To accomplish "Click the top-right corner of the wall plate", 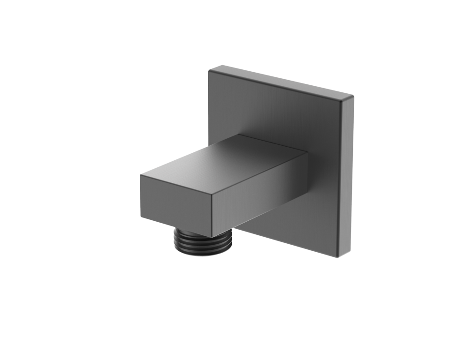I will pyautogui.click(x=353, y=97).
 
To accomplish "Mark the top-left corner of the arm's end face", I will pyautogui.click(x=141, y=174).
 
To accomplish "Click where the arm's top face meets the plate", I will pyautogui.click(x=272, y=143).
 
